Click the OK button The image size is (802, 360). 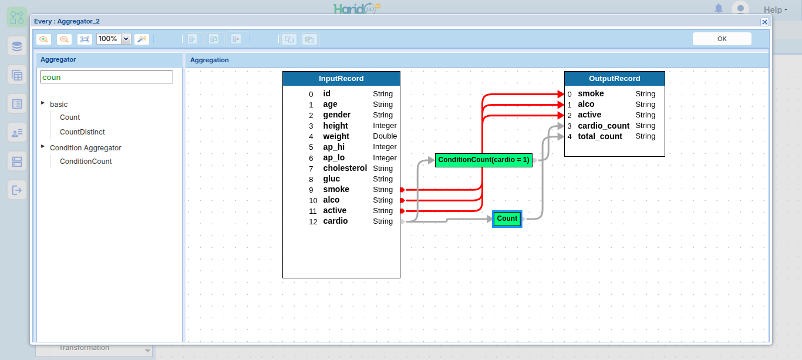click(x=722, y=39)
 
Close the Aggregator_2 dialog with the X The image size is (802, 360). click(x=764, y=22)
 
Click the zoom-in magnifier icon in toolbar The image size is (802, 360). click(x=43, y=39)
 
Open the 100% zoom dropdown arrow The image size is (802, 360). click(x=126, y=39)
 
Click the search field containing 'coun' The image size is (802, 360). click(x=106, y=77)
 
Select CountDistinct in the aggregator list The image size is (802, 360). click(x=82, y=132)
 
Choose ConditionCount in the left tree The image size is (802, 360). click(x=86, y=161)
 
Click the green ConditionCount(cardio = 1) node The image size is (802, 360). click(x=484, y=160)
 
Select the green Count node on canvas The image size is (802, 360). click(x=507, y=218)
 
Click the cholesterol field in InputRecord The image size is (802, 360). click(x=345, y=168)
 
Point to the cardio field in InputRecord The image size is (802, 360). click(x=335, y=221)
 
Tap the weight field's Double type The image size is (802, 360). click(x=385, y=136)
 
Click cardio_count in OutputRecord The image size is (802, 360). click(x=604, y=126)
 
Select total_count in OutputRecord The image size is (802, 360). click(x=600, y=136)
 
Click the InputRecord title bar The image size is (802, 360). click(x=341, y=79)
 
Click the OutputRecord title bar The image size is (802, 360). click(x=614, y=79)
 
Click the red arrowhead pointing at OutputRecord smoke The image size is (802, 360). click(x=561, y=94)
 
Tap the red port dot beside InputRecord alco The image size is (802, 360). click(x=402, y=200)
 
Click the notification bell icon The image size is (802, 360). click(x=718, y=8)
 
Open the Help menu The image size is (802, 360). click(x=776, y=9)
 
